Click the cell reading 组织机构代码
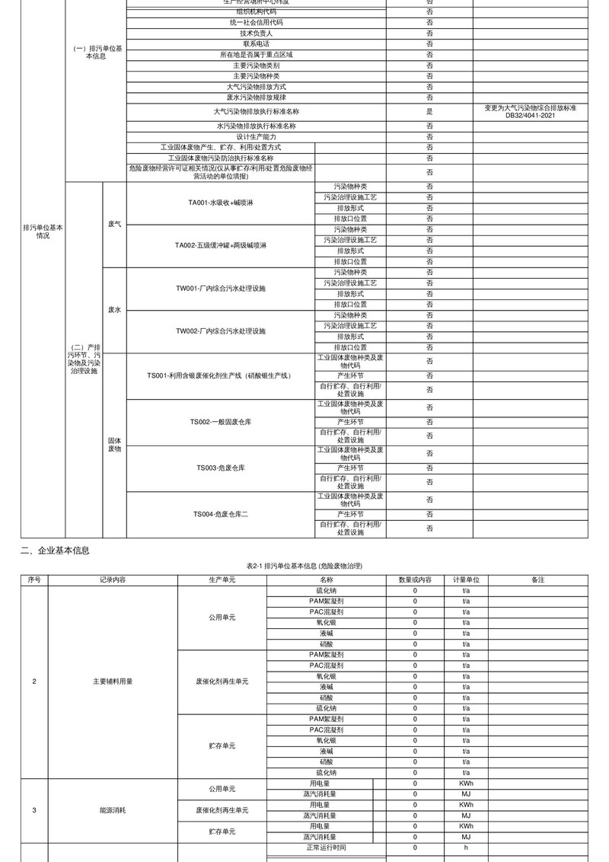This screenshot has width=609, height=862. pyautogui.click(x=256, y=12)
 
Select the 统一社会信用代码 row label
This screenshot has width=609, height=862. pyautogui.click(x=256, y=23)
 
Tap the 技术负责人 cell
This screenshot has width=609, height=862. pyautogui.click(x=256, y=34)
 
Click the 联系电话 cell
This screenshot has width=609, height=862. pyautogui.click(x=256, y=44)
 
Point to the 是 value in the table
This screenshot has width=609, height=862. pyautogui.click(x=429, y=111)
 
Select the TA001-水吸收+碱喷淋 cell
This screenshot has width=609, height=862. pyautogui.click(x=220, y=203)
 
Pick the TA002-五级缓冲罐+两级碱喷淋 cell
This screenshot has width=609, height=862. pyautogui.click(x=220, y=245)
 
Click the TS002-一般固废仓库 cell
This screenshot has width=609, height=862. pyautogui.click(x=220, y=422)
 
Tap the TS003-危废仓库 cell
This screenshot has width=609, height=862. pyautogui.click(x=220, y=467)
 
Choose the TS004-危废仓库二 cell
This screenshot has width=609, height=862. pyautogui.click(x=220, y=514)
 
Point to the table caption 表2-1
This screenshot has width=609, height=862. pyautogui.click(x=304, y=567)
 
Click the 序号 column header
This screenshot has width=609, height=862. pyautogui.click(x=34, y=580)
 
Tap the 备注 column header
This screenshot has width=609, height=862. pyautogui.click(x=538, y=580)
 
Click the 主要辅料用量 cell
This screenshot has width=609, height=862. pyautogui.click(x=113, y=681)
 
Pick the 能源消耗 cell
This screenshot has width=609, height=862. pyautogui.click(x=113, y=810)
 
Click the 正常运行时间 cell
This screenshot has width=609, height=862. pyautogui.click(x=320, y=848)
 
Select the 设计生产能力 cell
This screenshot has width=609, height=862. pyautogui.click(x=256, y=136)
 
